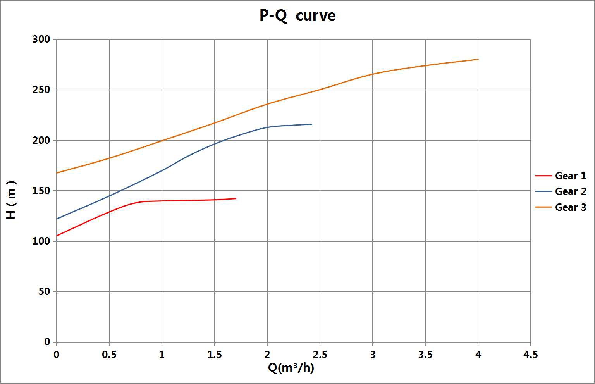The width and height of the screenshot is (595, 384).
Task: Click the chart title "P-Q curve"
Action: pos(297,16)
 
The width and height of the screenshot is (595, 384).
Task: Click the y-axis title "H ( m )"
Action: pos(11,200)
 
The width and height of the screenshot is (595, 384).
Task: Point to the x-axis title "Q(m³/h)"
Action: pos(291,367)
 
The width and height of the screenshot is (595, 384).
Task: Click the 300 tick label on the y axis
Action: pos(41,40)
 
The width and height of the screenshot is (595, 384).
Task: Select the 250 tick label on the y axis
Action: pos(41,90)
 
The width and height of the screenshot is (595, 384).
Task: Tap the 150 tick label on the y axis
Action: pos(41,191)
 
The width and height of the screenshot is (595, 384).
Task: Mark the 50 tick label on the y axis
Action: pos(45,291)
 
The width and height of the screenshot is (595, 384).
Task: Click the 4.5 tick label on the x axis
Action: pos(530,355)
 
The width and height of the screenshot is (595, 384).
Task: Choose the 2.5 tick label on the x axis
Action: pos(320,355)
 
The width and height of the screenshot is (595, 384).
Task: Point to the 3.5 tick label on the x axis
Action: pos(425,355)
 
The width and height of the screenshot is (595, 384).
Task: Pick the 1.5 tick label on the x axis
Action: pos(214,355)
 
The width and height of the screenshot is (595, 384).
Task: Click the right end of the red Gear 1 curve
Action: pos(236,198)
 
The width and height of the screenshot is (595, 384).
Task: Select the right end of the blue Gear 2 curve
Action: pos(311,124)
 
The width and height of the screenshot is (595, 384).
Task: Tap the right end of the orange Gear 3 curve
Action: pos(478,59)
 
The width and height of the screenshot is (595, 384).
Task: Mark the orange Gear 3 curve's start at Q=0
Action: pos(57,173)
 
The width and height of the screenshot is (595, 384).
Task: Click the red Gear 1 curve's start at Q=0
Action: pos(57,236)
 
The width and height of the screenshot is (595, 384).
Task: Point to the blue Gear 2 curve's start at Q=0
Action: pos(57,219)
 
